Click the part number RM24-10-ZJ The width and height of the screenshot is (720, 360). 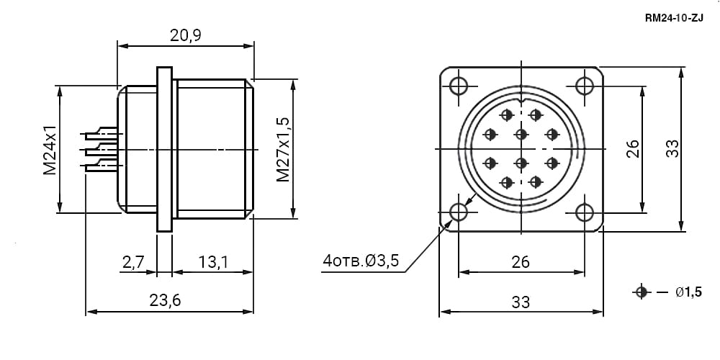pyautogui.click(x=674, y=19)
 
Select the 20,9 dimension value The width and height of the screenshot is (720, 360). pyautogui.click(x=186, y=35)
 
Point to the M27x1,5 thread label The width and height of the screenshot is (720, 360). pyautogui.click(x=283, y=149)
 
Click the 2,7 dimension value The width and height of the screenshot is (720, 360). pyautogui.click(x=133, y=262)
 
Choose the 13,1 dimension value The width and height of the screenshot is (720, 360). pyautogui.click(x=213, y=262)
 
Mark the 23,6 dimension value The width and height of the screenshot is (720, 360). pyautogui.click(x=166, y=300)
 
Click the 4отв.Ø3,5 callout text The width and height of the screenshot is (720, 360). pyautogui.click(x=361, y=261)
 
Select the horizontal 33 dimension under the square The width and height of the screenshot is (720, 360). pyautogui.click(x=521, y=302)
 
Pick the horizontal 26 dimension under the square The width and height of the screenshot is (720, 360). pyautogui.click(x=521, y=262)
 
